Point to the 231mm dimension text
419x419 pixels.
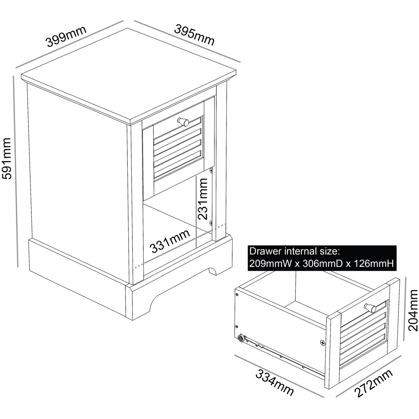202,199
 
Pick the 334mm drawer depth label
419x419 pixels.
274,382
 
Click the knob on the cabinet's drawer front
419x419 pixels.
184,122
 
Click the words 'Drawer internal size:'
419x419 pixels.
293,251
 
